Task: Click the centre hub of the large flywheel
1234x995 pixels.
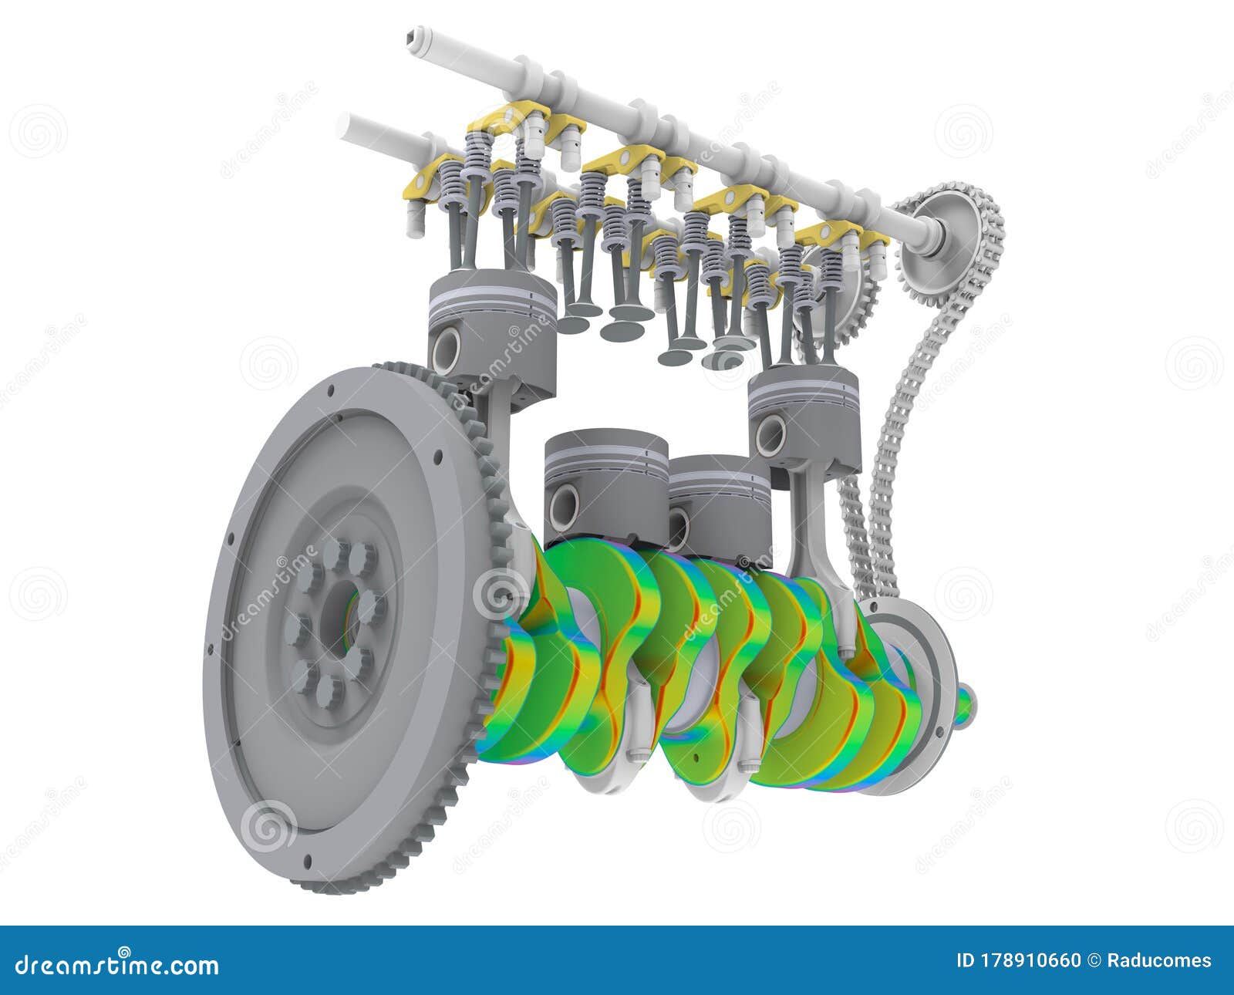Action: pos(339,617)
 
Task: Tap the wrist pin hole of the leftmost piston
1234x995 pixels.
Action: pos(447,352)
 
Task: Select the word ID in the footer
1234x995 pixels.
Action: pos(966,961)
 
